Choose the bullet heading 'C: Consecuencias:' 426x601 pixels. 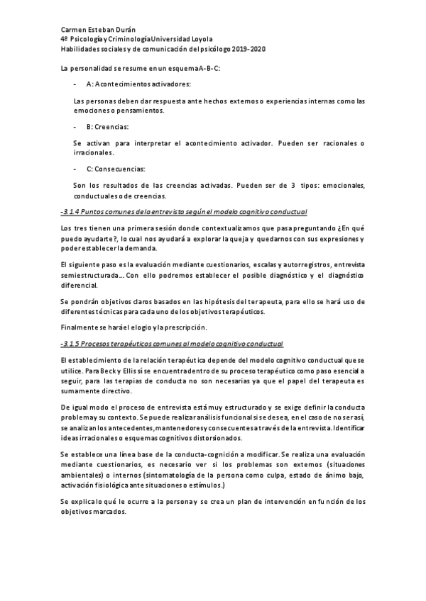coord(116,169)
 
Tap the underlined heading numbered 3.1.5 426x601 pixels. coord(173,344)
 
